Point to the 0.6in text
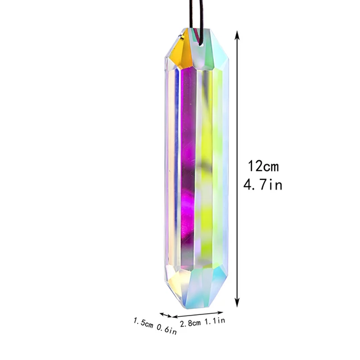[167, 330]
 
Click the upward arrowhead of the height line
[239, 35]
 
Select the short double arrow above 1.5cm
[165, 314]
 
